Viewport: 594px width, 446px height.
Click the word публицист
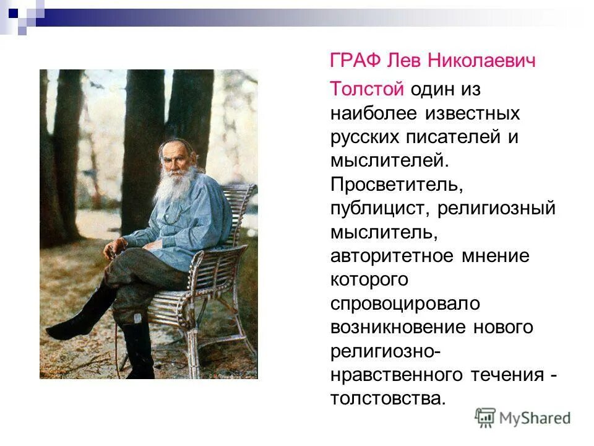click(x=378, y=209)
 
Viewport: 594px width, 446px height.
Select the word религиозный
click(x=497, y=209)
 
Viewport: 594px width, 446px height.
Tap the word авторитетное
click(x=388, y=256)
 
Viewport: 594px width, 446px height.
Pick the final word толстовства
click(x=387, y=398)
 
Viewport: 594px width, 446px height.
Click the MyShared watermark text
click(x=536, y=418)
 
